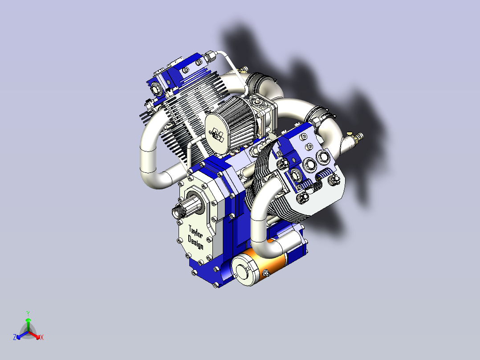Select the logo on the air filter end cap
218,132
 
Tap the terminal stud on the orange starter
265,273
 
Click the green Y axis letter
28,313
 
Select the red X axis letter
42,338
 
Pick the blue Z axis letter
15,337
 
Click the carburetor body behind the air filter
263,111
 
